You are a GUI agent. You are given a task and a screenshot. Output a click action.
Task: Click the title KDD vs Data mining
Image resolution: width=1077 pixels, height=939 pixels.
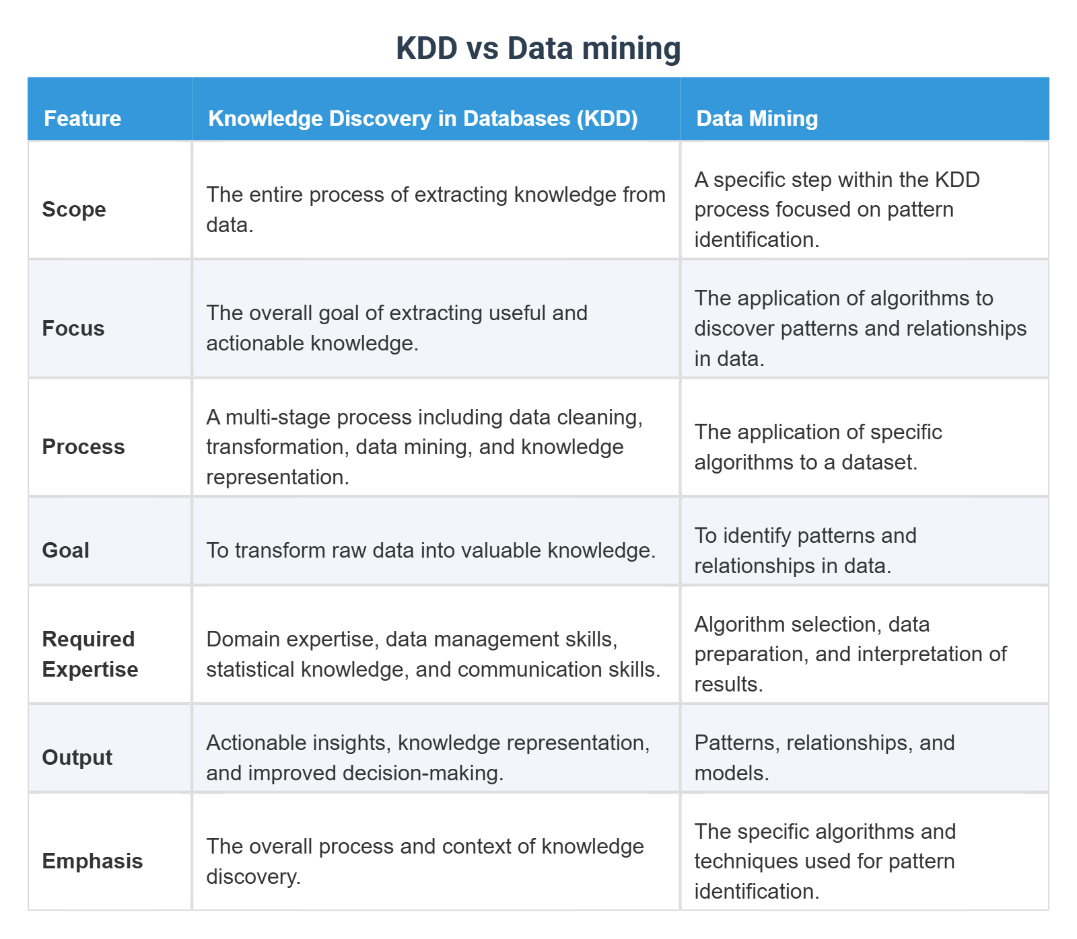(x=538, y=48)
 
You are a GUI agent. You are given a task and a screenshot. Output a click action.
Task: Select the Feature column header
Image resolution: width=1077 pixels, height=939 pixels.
(x=82, y=118)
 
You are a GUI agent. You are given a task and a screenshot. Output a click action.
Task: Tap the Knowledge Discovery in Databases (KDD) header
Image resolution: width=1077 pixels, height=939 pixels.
(x=423, y=118)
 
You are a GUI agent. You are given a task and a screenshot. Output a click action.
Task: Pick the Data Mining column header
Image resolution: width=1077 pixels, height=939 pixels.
(x=757, y=118)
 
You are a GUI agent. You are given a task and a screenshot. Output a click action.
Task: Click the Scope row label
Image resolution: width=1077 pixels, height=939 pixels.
(x=74, y=209)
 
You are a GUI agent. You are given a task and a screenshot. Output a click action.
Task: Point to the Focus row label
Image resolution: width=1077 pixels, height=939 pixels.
(x=73, y=328)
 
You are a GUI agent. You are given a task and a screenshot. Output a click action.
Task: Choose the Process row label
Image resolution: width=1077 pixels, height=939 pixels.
(x=83, y=447)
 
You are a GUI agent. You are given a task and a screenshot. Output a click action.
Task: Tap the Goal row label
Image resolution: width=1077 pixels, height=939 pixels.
(x=65, y=550)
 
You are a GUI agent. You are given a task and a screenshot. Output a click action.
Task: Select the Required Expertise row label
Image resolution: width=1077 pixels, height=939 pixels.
(x=90, y=654)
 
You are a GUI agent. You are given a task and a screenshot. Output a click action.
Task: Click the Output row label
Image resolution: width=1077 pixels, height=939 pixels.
(x=77, y=757)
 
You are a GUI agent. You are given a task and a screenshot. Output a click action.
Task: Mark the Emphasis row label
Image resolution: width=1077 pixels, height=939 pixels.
(x=92, y=861)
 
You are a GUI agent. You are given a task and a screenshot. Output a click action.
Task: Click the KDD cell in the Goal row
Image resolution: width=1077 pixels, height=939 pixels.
(x=431, y=550)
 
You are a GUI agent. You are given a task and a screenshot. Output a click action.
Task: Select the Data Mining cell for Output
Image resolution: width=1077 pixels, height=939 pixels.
(x=824, y=757)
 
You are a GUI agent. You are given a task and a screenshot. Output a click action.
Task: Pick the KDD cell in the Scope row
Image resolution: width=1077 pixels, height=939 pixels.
(x=435, y=209)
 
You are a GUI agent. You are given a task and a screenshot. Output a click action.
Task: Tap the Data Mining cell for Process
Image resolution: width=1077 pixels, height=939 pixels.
(x=817, y=447)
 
